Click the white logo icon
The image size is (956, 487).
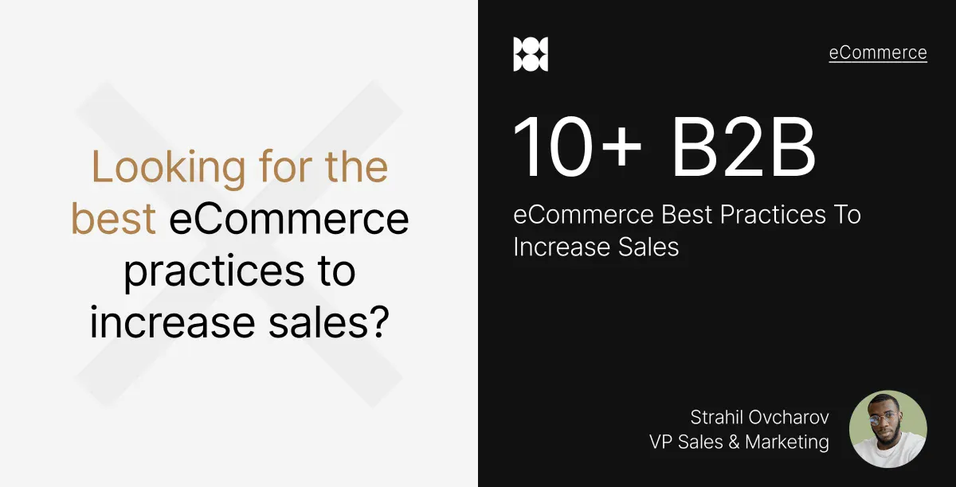pos(531,54)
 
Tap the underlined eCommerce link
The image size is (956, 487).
pos(878,53)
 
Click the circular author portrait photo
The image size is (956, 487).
pos(888,428)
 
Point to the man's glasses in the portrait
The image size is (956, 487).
pos(887,417)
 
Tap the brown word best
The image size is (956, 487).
pos(113,220)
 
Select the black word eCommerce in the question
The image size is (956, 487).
pos(289,220)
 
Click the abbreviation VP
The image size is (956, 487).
pos(661,442)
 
